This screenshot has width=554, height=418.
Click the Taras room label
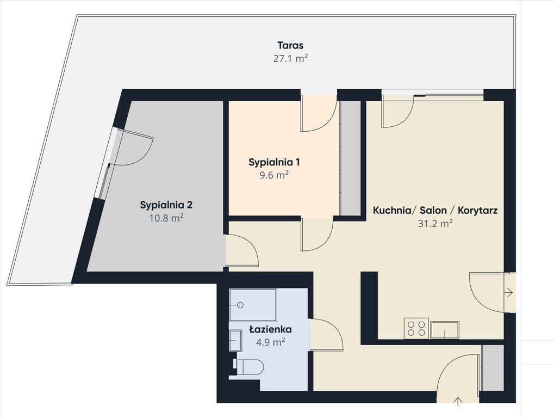[x=290, y=46]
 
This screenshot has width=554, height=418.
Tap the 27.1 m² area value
[x=290, y=58]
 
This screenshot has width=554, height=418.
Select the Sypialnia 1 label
[x=274, y=162]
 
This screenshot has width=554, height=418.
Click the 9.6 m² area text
[x=274, y=175]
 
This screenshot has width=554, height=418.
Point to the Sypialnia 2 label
[x=166, y=205]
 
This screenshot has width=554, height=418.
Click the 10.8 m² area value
[x=166, y=218]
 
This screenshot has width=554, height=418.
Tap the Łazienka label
[x=270, y=330]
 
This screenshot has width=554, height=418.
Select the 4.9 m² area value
[x=270, y=342]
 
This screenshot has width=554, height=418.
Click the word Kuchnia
[x=392, y=211]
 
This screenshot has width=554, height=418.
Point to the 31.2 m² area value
[x=435, y=224]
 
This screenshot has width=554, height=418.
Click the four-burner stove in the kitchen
[x=416, y=328]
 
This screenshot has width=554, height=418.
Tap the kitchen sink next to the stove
[x=445, y=330]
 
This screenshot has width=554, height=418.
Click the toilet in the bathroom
[x=250, y=367]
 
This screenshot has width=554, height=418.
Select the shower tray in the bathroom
[x=253, y=305]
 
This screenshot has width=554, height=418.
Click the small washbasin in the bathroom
[x=235, y=340]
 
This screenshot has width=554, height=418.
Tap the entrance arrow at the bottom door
[x=458, y=401]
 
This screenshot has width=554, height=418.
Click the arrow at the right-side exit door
[x=509, y=292]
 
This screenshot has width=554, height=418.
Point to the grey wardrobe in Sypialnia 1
[x=350, y=158]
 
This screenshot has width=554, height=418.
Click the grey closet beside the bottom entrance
[x=493, y=368]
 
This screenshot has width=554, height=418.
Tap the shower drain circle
[x=241, y=304]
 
